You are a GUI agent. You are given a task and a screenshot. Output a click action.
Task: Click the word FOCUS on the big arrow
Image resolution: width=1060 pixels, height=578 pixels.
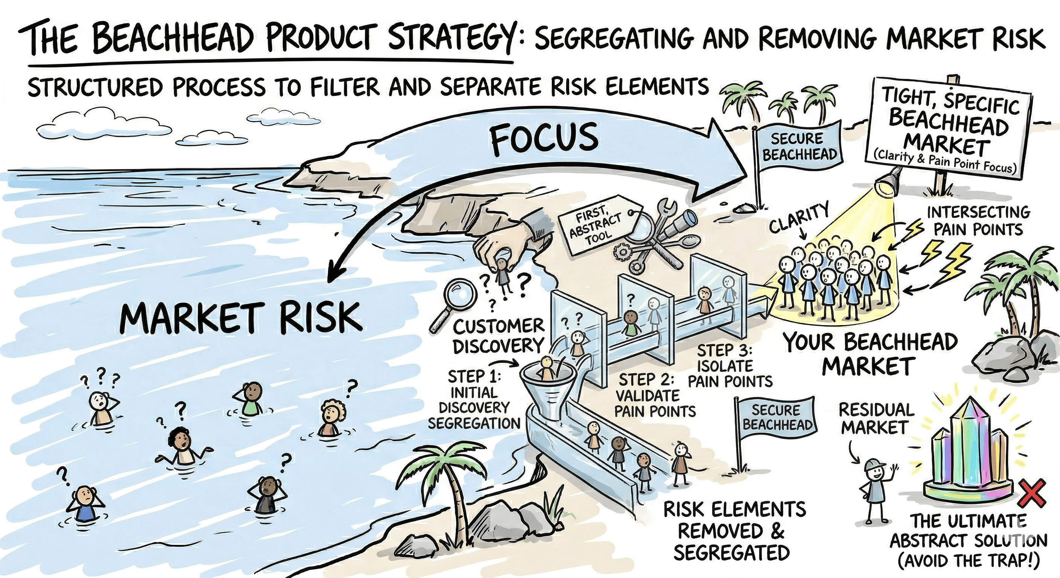[x=544, y=138]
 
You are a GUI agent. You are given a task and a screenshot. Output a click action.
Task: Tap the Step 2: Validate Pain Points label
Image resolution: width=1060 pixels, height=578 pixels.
[x=655, y=395]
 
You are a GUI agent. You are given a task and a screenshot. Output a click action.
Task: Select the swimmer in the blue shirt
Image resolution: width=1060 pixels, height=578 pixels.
[x=85, y=503]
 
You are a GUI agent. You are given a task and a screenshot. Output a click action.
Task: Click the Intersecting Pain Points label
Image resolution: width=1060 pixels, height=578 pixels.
[x=977, y=221]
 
